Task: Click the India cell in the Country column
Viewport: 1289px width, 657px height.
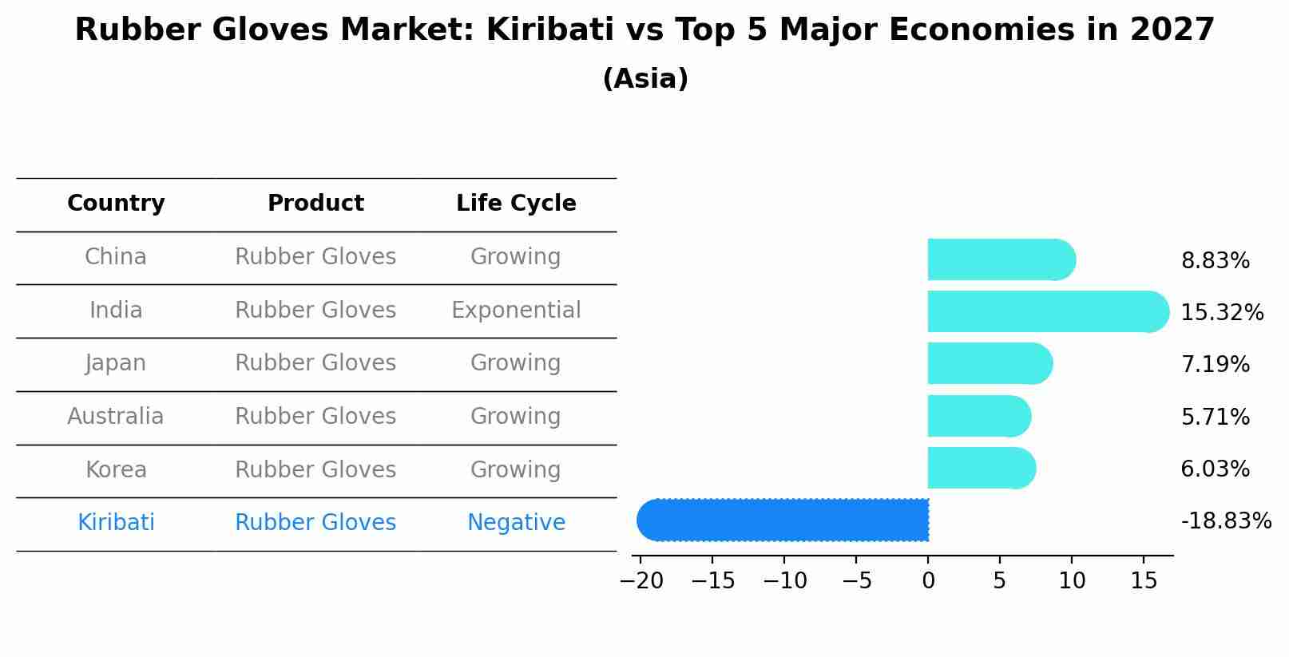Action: tap(116, 310)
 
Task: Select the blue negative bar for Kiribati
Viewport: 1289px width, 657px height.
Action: tap(783, 520)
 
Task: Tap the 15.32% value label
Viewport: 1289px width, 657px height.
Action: tap(1222, 312)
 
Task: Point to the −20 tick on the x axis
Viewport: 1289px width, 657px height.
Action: tap(641, 580)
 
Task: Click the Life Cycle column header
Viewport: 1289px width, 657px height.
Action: tap(516, 204)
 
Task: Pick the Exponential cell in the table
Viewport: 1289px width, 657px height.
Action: tap(516, 310)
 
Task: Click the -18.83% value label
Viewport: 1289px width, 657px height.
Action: tap(1226, 520)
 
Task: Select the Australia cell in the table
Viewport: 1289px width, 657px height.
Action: tap(116, 416)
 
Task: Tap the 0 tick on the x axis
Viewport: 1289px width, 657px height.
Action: tap(928, 580)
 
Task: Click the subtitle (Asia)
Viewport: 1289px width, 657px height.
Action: tap(645, 79)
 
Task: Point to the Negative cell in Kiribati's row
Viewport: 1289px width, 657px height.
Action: tap(516, 522)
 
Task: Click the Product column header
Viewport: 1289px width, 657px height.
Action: tap(315, 204)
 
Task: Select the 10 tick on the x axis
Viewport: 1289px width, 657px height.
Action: tap(1072, 580)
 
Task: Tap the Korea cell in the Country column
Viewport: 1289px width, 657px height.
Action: tap(116, 469)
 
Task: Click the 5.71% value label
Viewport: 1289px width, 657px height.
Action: tap(1215, 417)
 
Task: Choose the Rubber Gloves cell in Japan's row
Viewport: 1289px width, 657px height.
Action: tap(315, 362)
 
